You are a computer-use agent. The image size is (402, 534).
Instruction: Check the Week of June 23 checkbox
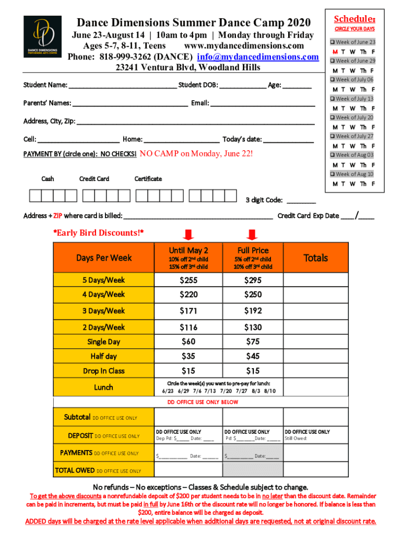coord(332,42)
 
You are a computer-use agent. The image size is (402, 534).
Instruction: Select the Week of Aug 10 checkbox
coord(332,174)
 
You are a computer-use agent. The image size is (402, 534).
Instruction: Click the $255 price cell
coord(188,280)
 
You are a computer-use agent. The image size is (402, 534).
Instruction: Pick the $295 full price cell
coord(253,280)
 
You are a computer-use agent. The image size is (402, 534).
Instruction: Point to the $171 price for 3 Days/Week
coord(188,311)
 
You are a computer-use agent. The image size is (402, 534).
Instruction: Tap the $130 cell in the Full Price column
coord(253,327)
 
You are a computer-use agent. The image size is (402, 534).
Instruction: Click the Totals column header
coord(315,258)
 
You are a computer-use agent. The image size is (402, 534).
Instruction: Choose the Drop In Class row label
coord(103,371)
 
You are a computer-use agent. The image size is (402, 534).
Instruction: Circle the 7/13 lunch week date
coord(211,391)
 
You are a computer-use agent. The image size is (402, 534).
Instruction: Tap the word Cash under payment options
coord(48,179)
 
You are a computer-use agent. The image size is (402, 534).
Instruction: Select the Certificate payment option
coord(148,179)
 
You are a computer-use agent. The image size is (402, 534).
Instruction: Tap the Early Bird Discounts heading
coord(99,232)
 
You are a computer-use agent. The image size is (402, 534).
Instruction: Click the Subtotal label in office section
coord(77,417)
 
